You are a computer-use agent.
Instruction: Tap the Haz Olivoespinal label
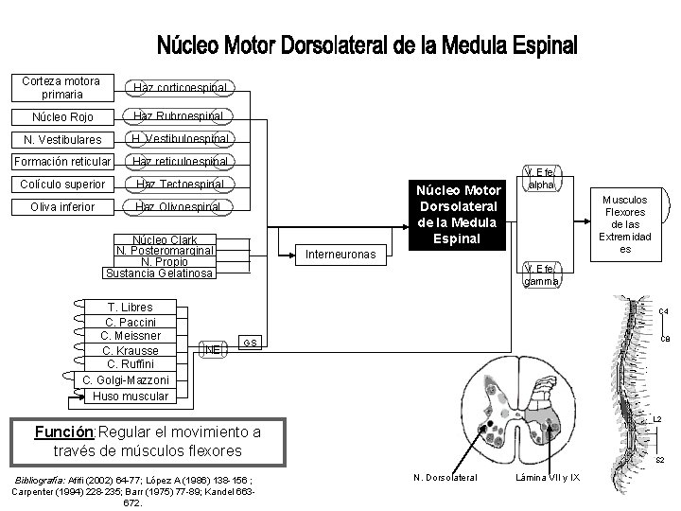tap(180, 206)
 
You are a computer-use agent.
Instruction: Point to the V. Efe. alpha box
tap(542, 178)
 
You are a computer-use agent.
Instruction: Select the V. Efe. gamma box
tap(542, 274)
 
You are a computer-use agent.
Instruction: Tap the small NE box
tap(213, 349)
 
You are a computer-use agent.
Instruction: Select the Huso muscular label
tap(131, 396)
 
